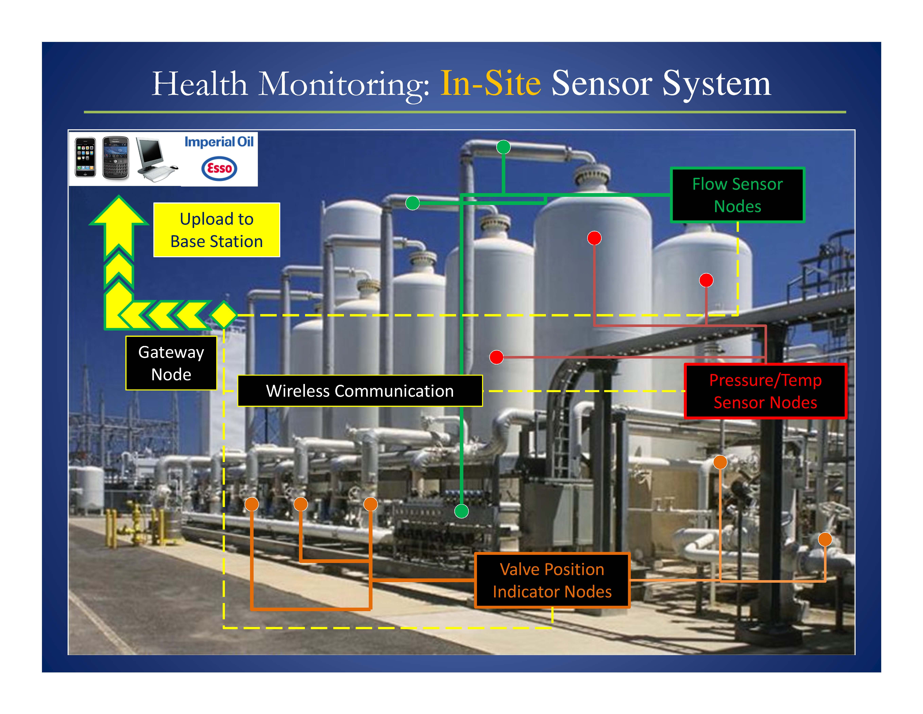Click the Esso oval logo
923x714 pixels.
pos(219,168)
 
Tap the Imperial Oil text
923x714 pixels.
pos(219,142)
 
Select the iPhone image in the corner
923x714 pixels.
pos(85,157)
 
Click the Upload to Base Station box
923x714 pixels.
pos(216,230)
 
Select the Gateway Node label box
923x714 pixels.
pos(171,363)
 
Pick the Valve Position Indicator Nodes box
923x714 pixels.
pos(552,581)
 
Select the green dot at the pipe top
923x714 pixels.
pos(503,147)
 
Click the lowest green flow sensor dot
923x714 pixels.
pos(461,511)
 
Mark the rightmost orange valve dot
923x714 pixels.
pos(825,539)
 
